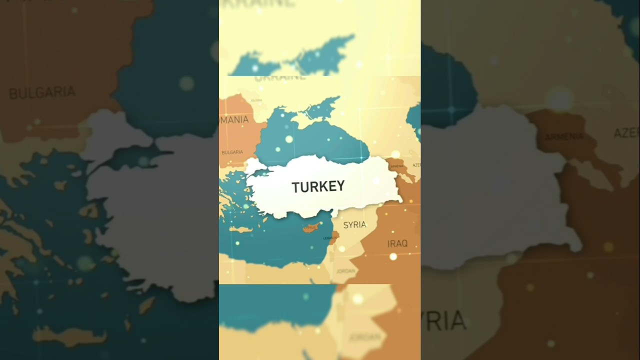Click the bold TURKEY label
pyautogui.click(x=318, y=186)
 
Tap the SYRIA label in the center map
pyautogui.click(x=354, y=225)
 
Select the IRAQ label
pyautogui.click(x=397, y=243)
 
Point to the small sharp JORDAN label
pyautogui.click(x=346, y=271)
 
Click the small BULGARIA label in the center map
pyautogui.click(x=232, y=152)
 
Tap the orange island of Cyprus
pyautogui.click(x=310, y=228)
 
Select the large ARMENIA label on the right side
pyautogui.click(x=564, y=136)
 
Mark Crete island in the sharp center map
pyautogui.click(x=241, y=229)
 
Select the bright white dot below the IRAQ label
pyautogui.click(x=393, y=256)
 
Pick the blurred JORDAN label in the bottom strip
pyautogui.click(x=364, y=337)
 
